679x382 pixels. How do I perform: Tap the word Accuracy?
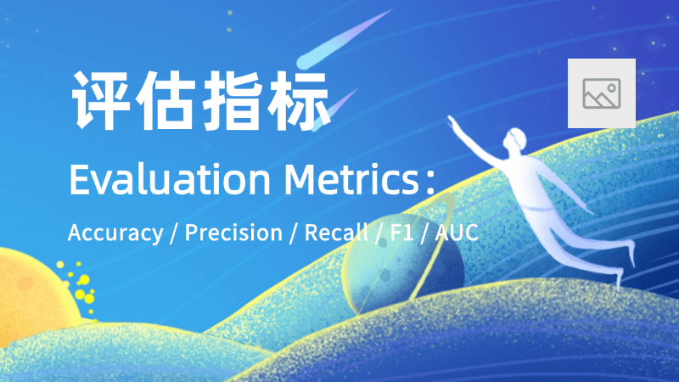coord(115,233)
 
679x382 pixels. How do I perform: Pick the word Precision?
coord(233,233)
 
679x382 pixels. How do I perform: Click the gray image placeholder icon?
coord(601,93)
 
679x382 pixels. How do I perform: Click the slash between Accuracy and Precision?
coord(173,233)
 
